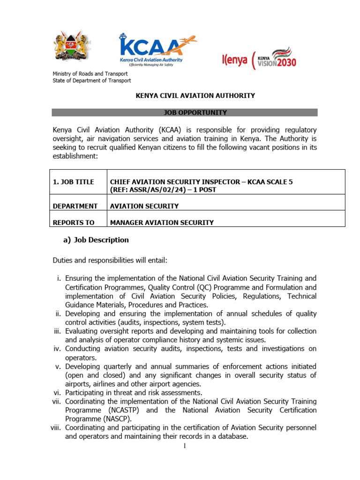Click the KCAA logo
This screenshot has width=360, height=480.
tap(151, 49)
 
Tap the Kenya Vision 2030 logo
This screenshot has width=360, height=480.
tap(259, 59)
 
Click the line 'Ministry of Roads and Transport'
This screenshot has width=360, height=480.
tap(90, 74)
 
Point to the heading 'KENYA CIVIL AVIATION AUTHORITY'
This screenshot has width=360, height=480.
tap(195, 96)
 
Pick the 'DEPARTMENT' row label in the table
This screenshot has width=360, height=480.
tap(75, 206)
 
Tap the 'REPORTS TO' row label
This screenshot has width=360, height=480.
tap(74, 223)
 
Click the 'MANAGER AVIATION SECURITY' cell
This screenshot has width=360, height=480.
tap(162, 223)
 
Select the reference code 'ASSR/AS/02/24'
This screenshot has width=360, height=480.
tap(150, 190)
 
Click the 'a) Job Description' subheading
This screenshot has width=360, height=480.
tap(96, 240)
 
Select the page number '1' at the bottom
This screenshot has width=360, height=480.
tap(185, 446)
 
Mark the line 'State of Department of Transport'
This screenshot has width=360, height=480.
tap(91, 81)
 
